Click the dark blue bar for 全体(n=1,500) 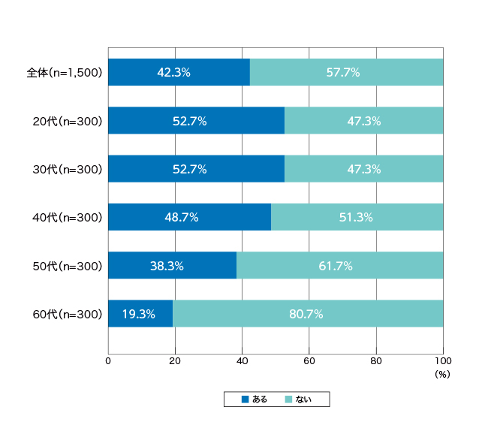pos(179,72)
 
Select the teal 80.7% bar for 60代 pos(308,314)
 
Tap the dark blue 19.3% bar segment pos(140,314)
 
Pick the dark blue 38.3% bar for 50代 pos(173,265)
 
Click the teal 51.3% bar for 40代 pos(357,217)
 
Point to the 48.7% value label pos(182,217)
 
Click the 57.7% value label pos(343,73)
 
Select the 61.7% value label pos(336,266)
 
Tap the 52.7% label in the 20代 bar pos(189,121)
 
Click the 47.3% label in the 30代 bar pos(364,170)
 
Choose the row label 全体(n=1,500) pos(65,73)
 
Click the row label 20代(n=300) pos(68,121)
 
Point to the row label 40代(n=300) pos(68,217)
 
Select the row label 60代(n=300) pos(68,314)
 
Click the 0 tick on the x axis pos(108,361)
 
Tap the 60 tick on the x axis pos(309,361)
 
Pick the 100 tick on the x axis pos(443,361)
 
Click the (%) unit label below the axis pos(442,374)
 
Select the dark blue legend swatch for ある pos(246,399)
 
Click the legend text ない pos(303,399)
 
